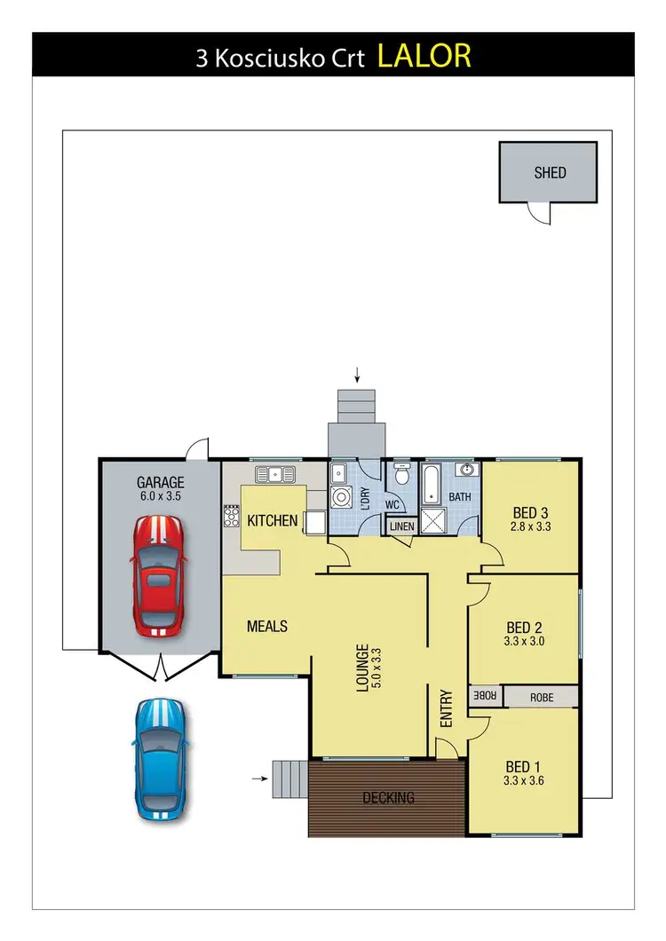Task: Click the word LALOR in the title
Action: coord(424,55)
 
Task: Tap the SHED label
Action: coord(550,173)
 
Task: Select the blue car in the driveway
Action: coord(160,755)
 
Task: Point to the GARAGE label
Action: coord(160,483)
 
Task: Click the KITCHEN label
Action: coord(272,520)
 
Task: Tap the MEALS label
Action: coord(267,627)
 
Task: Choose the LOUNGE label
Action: coord(362,667)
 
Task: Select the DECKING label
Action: coord(388,797)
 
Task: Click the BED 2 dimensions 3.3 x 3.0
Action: coord(523,641)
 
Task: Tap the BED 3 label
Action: coord(530,512)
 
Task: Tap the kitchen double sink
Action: coord(274,474)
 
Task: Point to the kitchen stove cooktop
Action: coord(232,516)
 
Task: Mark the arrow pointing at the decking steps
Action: coord(258,779)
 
